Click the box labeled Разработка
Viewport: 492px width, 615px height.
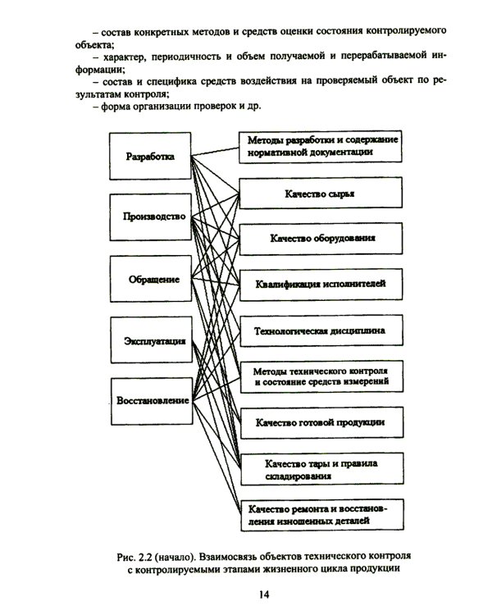150,156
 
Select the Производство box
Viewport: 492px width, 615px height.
150,217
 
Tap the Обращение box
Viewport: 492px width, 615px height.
150,280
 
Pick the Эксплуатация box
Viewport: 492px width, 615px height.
150,340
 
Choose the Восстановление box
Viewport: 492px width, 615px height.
150,401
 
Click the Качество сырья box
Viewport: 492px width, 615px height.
321,194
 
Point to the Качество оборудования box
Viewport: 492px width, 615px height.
321,239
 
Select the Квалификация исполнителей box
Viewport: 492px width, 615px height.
321,284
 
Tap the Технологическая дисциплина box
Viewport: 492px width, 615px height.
321,331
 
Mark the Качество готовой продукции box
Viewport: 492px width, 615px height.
321,423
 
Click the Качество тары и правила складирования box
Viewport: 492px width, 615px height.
321,469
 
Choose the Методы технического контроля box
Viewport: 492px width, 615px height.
321,376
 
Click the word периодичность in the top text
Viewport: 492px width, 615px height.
195,58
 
